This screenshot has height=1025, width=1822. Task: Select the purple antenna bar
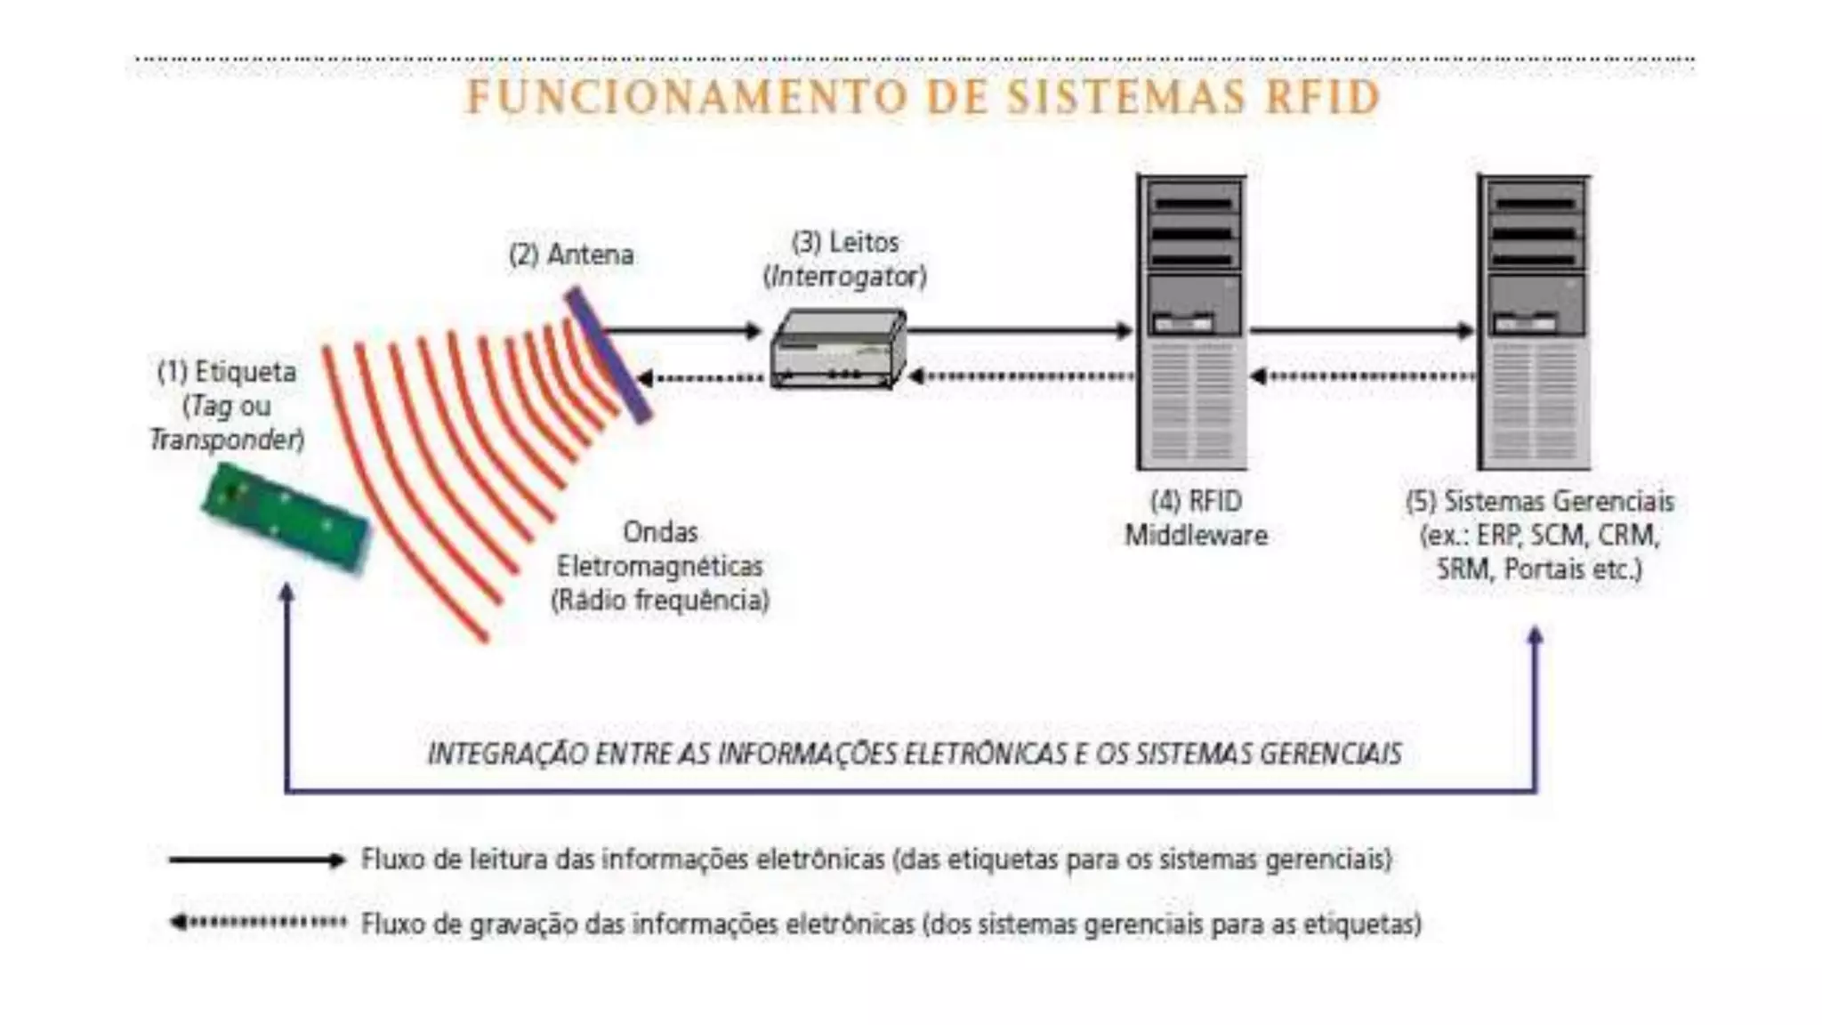[x=609, y=354]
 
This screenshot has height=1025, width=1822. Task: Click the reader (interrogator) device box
[x=838, y=348]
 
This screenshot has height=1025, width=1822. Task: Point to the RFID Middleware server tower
[x=1192, y=322]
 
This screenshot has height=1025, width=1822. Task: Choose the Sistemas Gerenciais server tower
[x=1535, y=322]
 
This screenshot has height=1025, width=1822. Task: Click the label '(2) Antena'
[x=571, y=254]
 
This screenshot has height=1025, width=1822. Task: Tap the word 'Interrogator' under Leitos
[x=844, y=277]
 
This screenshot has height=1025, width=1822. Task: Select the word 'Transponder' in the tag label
[x=225, y=440]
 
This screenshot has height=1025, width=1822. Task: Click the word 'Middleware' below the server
[x=1196, y=536]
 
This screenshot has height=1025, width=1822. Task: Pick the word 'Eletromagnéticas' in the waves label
[x=659, y=566]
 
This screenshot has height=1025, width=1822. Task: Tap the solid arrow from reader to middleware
[x=1019, y=331]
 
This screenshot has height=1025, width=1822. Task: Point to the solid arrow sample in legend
[x=256, y=860]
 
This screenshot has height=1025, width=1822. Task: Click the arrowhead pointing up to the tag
[x=286, y=592]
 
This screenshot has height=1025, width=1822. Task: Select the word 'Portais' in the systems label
[x=1544, y=569]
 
